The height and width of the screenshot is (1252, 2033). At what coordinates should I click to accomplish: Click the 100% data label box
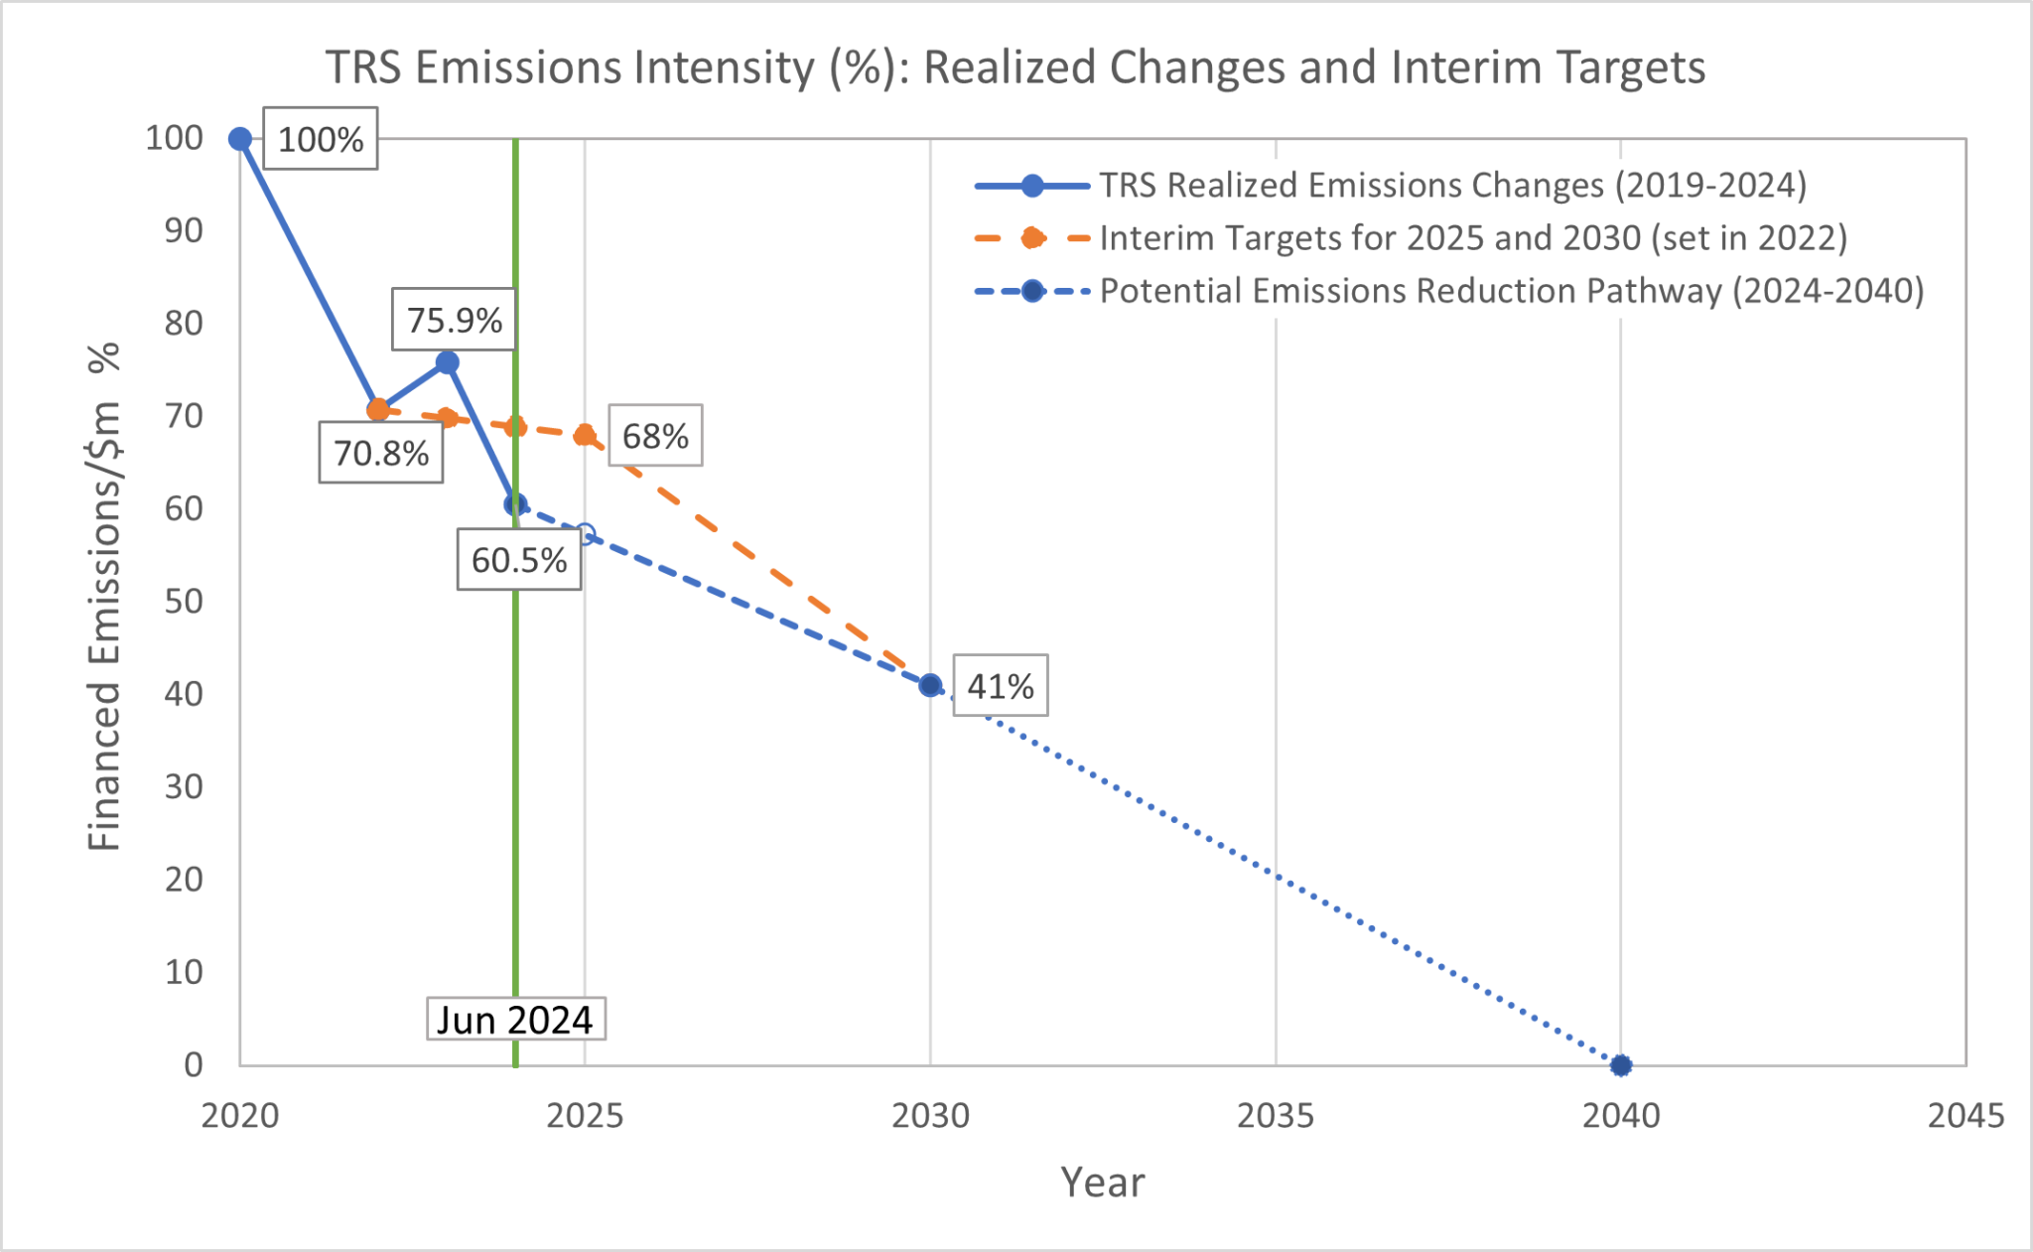[x=320, y=139]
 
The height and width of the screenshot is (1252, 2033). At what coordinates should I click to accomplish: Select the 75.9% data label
[x=454, y=320]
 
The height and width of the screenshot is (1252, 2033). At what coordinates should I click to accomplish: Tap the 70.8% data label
[x=380, y=453]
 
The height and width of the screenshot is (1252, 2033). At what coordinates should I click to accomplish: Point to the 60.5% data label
[x=518, y=560]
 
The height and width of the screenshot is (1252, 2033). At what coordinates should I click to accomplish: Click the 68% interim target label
[x=655, y=436]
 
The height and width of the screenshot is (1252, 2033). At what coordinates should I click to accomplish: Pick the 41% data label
[x=1000, y=686]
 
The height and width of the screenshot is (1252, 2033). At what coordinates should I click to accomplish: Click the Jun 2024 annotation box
[x=515, y=1020]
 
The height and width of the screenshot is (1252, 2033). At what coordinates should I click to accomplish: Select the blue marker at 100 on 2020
[x=240, y=139]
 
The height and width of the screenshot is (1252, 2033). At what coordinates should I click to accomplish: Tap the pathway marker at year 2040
[x=1620, y=1065]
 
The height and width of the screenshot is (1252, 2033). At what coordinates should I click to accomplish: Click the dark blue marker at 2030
[x=930, y=685]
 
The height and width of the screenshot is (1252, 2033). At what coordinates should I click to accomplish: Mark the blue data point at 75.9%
[x=447, y=362]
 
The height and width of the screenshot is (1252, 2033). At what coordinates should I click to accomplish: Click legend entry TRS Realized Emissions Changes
[x=1451, y=186]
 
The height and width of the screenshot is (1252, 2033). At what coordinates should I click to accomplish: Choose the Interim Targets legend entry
[x=1472, y=238]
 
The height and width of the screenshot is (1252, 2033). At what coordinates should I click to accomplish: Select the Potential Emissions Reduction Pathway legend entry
[x=1511, y=291]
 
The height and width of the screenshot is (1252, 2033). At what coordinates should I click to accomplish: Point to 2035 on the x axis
[x=1275, y=1116]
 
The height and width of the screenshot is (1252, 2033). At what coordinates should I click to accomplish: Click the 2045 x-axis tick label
[x=1965, y=1116]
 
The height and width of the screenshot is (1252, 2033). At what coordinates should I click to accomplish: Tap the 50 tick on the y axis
[x=184, y=601]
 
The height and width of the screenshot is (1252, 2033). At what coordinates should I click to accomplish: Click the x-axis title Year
[x=1102, y=1182]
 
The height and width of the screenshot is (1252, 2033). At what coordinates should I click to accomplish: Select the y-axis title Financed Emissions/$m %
[x=104, y=596]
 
